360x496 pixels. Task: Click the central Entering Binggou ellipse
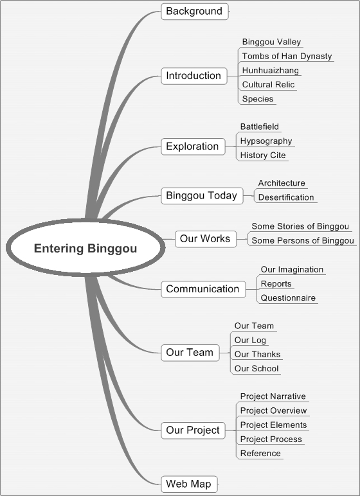click(85, 248)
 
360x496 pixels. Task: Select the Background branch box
click(195, 12)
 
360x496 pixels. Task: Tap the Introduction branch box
click(194, 76)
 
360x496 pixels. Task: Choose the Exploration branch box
click(193, 146)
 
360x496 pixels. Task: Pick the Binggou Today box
click(202, 195)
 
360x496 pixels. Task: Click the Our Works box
click(206, 239)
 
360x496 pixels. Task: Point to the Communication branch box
click(203, 289)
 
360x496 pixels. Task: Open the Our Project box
click(193, 430)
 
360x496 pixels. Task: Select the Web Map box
click(190, 484)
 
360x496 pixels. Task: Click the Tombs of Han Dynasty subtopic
click(287, 57)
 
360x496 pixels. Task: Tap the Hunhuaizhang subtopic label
click(271, 70)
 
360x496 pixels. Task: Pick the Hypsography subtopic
click(266, 141)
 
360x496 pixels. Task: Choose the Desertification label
click(286, 197)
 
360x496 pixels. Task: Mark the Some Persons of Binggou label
click(303, 241)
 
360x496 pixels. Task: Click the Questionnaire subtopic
click(288, 298)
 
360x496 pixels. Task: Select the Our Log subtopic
click(250, 341)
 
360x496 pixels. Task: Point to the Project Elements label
click(274, 425)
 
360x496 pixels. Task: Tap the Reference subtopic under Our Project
click(260, 454)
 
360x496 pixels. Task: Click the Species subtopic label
click(258, 99)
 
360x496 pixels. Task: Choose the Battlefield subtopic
click(260, 127)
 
